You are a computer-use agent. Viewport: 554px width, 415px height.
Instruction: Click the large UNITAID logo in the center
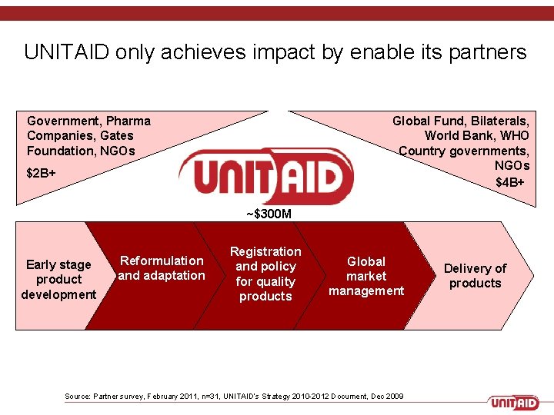click(x=265, y=175)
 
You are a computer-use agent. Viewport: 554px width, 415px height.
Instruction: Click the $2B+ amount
click(x=41, y=173)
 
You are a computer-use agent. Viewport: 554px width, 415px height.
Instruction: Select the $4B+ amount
click(x=511, y=182)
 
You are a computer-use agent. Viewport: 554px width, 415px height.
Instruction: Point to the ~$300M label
click(x=269, y=214)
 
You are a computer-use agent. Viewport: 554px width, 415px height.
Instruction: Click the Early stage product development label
click(x=58, y=280)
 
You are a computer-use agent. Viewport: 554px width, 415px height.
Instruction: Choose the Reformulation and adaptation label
click(x=162, y=268)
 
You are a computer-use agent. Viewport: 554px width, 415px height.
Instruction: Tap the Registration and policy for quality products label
click(x=265, y=274)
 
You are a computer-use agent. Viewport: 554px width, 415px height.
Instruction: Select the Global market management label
click(x=366, y=276)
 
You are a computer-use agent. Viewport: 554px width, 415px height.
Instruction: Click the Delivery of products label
click(x=475, y=275)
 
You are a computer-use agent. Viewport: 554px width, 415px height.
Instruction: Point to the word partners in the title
click(x=486, y=52)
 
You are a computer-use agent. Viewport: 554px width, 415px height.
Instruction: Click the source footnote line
click(x=234, y=396)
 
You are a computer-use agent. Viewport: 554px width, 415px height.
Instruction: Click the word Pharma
click(x=128, y=121)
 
